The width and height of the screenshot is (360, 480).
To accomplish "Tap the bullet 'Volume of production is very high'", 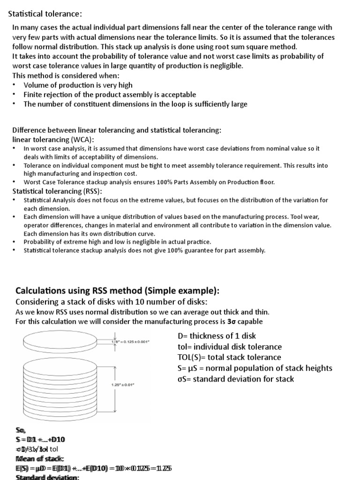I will (x=78, y=85).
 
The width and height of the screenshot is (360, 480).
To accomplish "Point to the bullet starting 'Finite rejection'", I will (x=110, y=94).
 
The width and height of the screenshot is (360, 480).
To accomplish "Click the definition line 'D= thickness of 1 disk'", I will (x=217, y=336).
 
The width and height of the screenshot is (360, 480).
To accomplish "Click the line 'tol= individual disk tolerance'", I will (x=230, y=347).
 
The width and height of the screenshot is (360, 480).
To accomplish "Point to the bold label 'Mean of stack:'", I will (x=40, y=458).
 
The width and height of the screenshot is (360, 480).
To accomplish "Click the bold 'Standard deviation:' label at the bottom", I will (x=47, y=477).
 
